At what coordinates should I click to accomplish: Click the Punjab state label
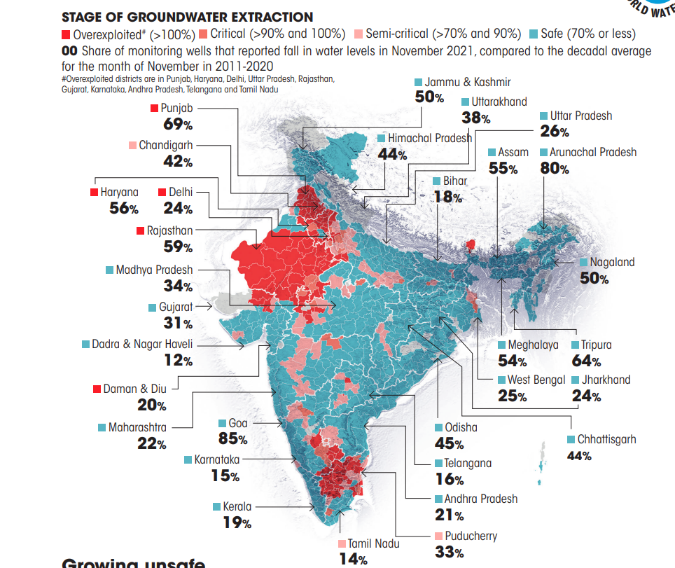coord(176,109)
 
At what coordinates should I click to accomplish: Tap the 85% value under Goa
coord(233,439)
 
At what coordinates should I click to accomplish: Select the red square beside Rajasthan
coord(141,230)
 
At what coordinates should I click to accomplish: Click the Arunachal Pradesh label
coord(593,152)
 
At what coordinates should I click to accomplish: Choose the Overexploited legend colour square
coord(66,34)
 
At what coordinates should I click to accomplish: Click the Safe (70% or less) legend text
coord(587,34)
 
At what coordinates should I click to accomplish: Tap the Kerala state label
coord(238,506)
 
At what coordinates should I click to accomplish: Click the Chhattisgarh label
coord(606,439)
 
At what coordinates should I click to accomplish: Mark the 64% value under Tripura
coord(586,361)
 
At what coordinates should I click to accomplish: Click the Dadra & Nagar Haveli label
coord(142,344)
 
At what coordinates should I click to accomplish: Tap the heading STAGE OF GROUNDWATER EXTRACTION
coord(188,17)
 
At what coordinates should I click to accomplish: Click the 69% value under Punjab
coord(178,125)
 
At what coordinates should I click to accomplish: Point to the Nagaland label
coord(612,262)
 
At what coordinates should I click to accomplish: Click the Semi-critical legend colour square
coord(358,34)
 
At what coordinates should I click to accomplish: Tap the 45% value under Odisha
coord(449,443)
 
